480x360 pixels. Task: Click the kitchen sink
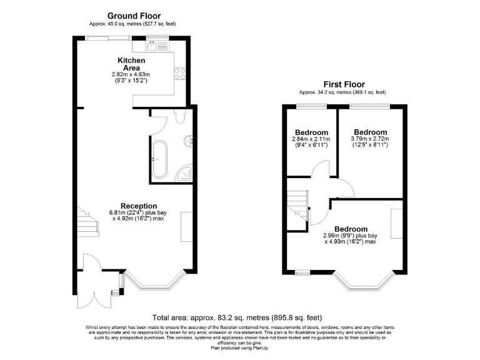tap(154, 44)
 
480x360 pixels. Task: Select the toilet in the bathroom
tap(181, 116)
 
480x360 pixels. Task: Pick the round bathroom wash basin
tap(188, 141)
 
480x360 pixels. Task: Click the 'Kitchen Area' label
tap(131, 64)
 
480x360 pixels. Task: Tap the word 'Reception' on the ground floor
tap(139, 206)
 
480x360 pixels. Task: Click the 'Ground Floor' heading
tap(134, 16)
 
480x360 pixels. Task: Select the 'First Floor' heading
tap(344, 84)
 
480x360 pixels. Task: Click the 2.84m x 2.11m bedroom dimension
tap(311, 142)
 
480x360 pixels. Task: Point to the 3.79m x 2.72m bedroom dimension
tap(370, 142)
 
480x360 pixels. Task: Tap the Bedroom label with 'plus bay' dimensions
tap(351, 229)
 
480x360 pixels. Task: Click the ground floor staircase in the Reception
tap(87, 222)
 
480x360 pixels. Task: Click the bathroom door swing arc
tap(157, 124)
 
